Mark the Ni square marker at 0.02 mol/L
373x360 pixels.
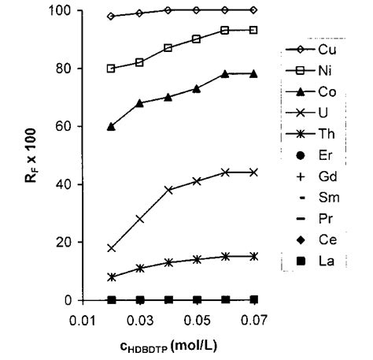click(112, 69)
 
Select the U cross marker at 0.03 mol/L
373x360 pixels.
click(140, 219)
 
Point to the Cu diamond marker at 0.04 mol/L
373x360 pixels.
click(168, 10)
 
